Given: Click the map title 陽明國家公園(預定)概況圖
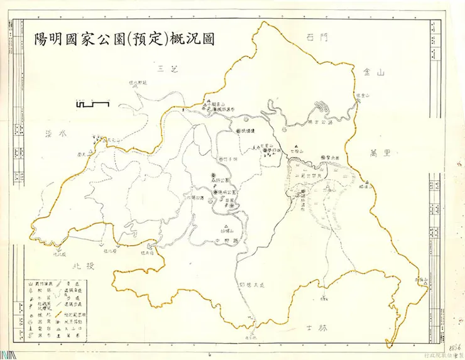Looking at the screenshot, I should pos(125,38).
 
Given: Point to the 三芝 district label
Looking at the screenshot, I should pos(170,68).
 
